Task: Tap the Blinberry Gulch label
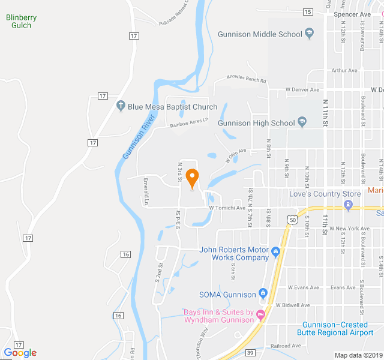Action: click(x=22, y=22)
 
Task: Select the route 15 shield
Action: click(x=308, y=12)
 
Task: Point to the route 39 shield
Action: click(x=250, y=352)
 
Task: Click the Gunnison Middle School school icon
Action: click(x=310, y=34)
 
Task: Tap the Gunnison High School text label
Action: click(x=256, y=123)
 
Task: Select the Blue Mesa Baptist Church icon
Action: click(x=121, y=107)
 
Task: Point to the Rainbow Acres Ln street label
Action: click(x=188, y=122)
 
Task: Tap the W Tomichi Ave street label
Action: click(x=227, y=208)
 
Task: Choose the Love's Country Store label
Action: click(x=325, y=194)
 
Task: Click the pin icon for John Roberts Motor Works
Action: click(x=275, y=251)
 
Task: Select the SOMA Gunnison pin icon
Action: click(x=263, y=294)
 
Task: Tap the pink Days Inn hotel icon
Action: click(x=260, y=314)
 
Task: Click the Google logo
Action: click(x=20, y=352)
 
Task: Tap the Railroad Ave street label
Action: click(x=286, y=346)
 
